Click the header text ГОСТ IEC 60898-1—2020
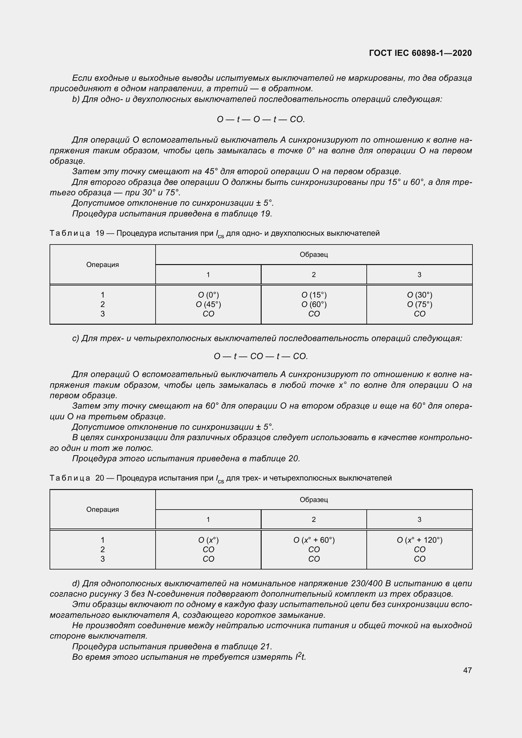pos(420,53)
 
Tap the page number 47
pos(467,670)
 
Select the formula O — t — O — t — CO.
pos(261,120)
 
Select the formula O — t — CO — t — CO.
pos(261,357)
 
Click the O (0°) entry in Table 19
pos(208,295)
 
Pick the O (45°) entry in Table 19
pos(208,304)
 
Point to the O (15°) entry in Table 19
pos(314,295)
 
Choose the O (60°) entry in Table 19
pos(314,304)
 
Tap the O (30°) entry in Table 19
pos(419,295)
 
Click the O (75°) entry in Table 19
pos(419,304)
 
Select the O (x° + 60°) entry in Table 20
pos(314,540)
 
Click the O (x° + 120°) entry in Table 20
pos(419,540)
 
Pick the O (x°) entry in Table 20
pos(208,540)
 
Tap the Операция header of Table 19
pos(103,264)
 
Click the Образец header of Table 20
pos(314,499)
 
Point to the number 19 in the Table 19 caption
pos(100,233)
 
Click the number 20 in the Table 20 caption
pos(100,478)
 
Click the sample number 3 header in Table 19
pos(419,275)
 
